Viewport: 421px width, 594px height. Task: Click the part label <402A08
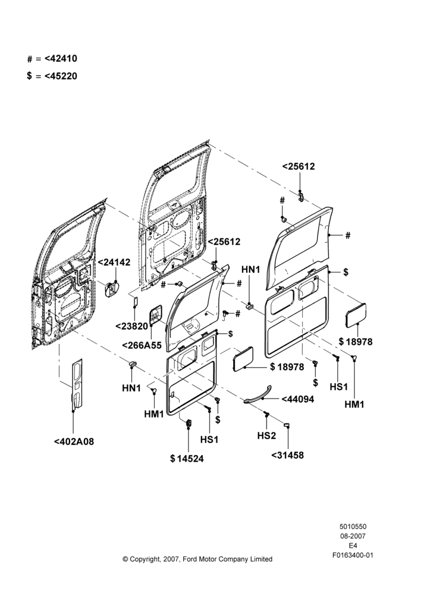click(74, 441)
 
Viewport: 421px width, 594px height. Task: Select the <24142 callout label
click(114, 262)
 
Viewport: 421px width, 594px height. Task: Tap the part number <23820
click(131, 326)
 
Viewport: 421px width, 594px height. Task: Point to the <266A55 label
click(142, 345)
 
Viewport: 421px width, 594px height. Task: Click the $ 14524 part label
click(187, 459)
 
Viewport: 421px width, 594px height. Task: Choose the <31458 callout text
click(287, 455)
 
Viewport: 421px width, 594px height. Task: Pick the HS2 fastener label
click(266, 435)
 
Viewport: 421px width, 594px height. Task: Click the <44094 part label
click(298, 399)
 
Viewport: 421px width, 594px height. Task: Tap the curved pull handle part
click(259, 394)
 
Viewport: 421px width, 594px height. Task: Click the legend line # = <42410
click(52, 59)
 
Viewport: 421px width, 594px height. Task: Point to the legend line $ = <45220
click(52, 76)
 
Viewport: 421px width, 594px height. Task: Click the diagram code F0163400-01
click(353, 555)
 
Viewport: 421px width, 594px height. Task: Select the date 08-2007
click(353, 536)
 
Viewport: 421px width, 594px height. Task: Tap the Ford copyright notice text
click(197, 559)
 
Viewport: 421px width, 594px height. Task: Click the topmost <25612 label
click(299, 166)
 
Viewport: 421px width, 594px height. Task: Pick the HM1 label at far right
click(354, 404)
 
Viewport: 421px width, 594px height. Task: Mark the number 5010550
click(353, 526)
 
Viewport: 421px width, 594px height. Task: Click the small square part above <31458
click(287, 425)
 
